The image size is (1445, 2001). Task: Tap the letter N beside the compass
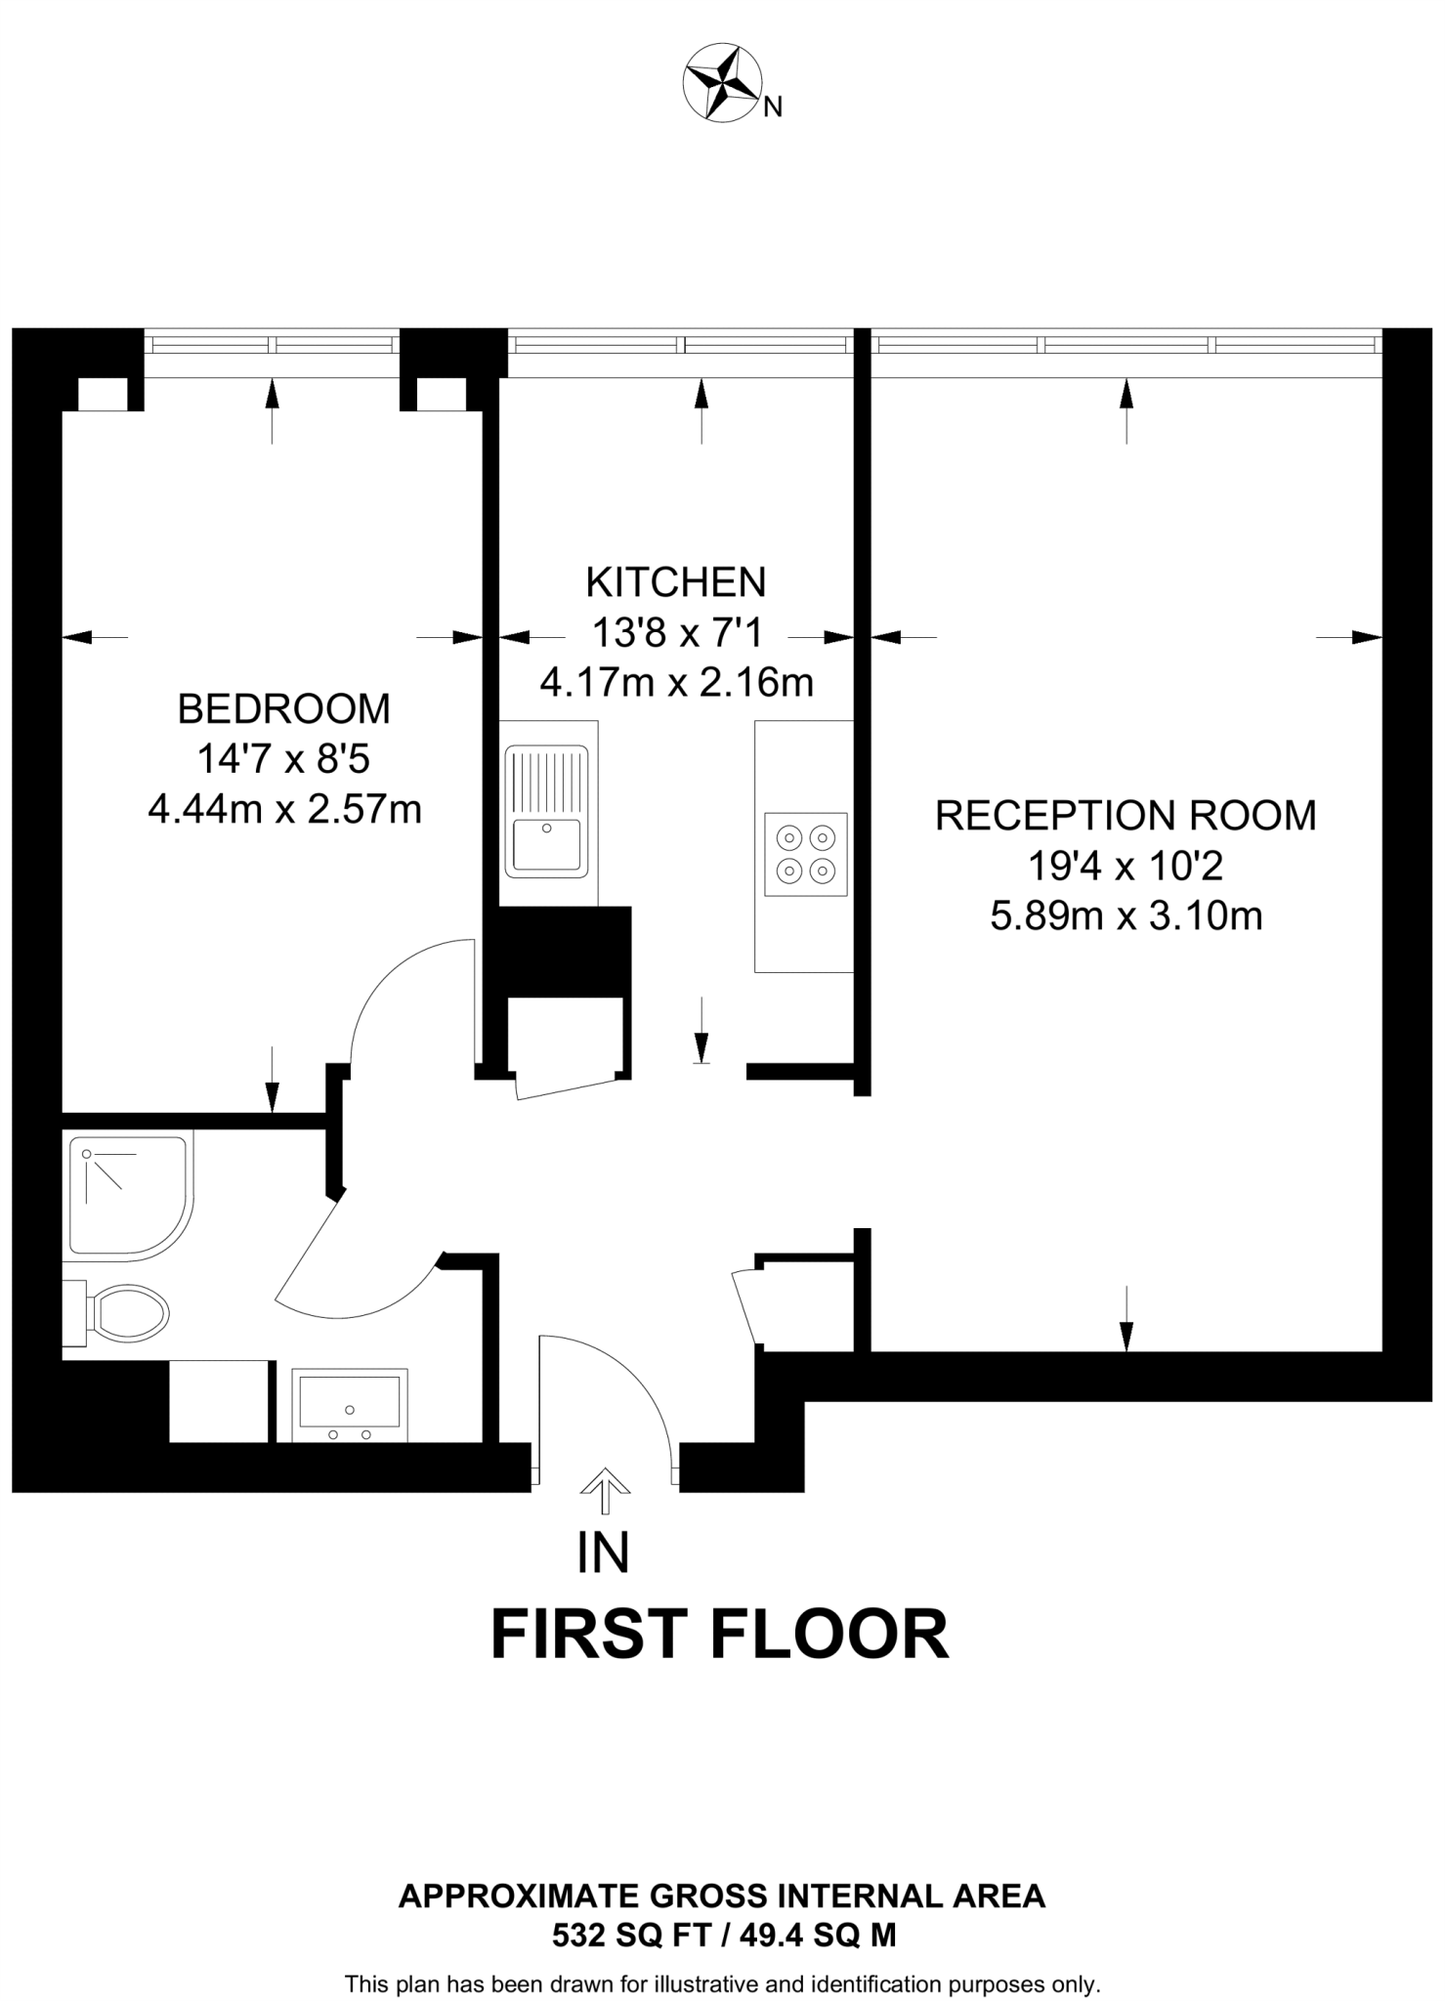pyautogui.click(x=772, y=107)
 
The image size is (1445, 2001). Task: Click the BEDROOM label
pyautogui.click(x=283, y=708)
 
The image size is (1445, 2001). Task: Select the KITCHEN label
pyautogui.click(x=675, y=582)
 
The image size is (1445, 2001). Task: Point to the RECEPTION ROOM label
pyautogui.click(x=1126, y=815)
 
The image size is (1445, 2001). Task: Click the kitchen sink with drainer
pyautogui.click(x=547, y=811)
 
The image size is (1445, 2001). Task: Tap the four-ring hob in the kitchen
pyautogui.click(x=805, y=853)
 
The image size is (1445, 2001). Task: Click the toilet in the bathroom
pyautogui.click(x=122, y=1311)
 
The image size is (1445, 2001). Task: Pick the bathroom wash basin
pyautogui.click(x=349, y=1405)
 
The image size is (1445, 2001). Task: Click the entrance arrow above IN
pyautogui.click(x=605, y=1482)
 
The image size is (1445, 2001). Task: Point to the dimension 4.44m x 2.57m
pyautogui.click(x=284, y=809)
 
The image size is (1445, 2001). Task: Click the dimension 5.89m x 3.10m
pyautogui.click(x=1126, y=916)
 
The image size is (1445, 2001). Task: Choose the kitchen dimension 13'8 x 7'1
pyautogui.click(x=676, y=633)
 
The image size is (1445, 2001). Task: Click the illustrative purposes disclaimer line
pyautogui.click(x=722, y=1983)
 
